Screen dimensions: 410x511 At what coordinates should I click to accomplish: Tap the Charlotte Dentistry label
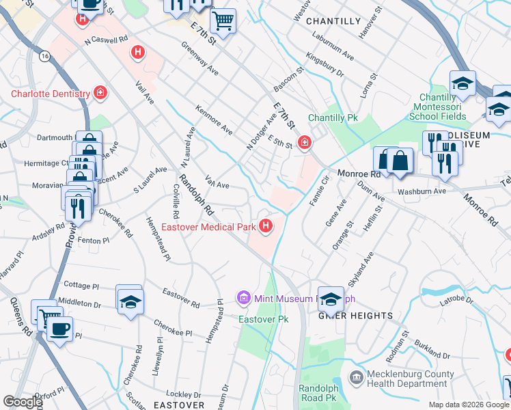point(50,94)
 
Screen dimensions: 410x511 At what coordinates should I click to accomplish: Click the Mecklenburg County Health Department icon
point(356,378)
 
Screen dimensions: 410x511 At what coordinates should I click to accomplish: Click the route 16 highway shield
point(44,55)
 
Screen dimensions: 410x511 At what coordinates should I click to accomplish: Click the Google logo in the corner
point(22,402)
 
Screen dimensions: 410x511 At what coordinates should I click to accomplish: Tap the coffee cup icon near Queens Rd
point(59,329)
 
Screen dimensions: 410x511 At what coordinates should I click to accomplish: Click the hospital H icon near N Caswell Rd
point(138,51)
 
